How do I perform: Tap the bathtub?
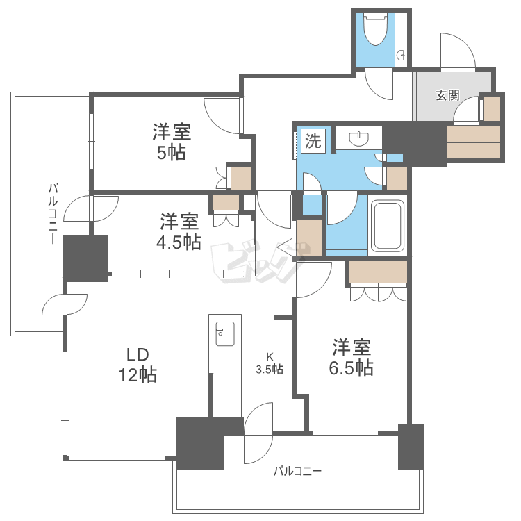pyautogui.click(x=388, y=225)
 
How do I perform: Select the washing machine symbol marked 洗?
pyautogui.click(x=313, y=141)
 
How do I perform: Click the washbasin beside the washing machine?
pyautogui.click(x=359, y=138)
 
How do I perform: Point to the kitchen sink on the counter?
pyautogui.click(x=225, y=333)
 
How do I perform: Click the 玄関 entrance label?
pyautogui.click(x=447, y=96)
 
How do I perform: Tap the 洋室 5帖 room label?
pyautogui.click(x=172, y=142)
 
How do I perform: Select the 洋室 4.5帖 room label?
pyautogui.click(x=179, y=231)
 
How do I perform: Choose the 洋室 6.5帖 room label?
pyautogui.click(x=352, y=357)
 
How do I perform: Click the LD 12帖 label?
pyautogui.click(x=138, y=365)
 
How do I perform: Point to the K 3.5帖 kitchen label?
pyautogui.click(x=270, y=363)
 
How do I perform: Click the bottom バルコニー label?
pyautogui.click(x=297, y=471)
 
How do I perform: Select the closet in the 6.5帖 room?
pyautogui.click(x=378, y=272)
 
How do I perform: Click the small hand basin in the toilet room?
pyautogui.click(x=401, y=55)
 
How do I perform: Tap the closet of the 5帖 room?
pyautogui.click(x=241, y=179)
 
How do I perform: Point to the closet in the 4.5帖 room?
pyautogui.click(x=226, y=202)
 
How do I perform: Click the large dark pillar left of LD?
pyautogui.click(x=85, y=258)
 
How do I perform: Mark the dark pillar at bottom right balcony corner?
pyautogui.click(x=411, y=447)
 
